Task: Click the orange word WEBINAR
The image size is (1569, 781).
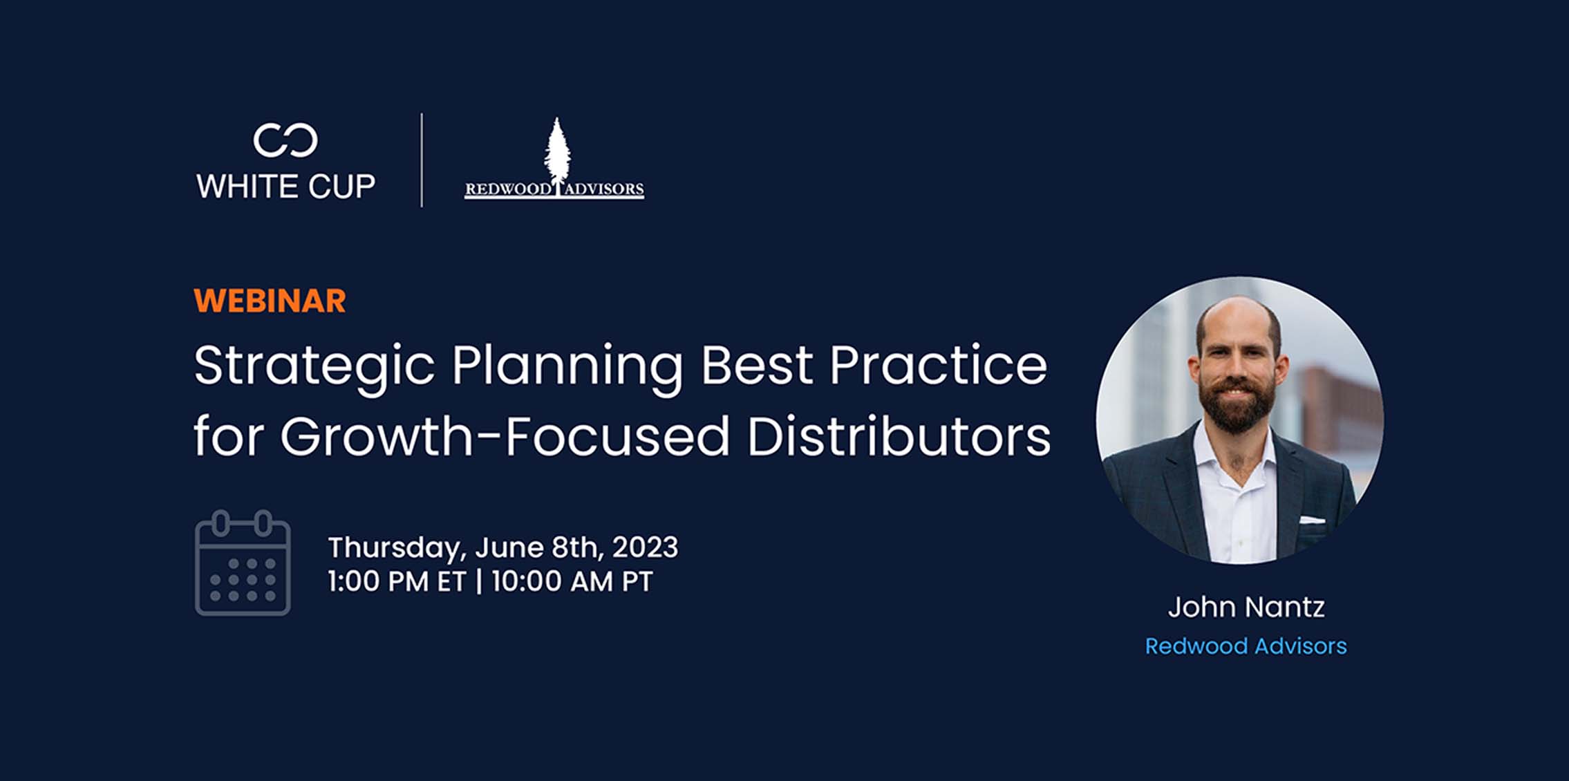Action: click(270, 301)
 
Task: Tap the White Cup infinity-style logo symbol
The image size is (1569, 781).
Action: click(285, 140)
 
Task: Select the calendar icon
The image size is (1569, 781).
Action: click(243, 563)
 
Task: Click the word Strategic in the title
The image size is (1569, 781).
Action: click(314, 367)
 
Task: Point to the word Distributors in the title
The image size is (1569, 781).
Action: click(899, 437)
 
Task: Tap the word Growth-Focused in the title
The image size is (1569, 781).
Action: click(505, 437)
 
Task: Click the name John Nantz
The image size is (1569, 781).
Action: click(1246, 607)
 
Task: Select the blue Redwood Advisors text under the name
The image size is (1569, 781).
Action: click(1246, 646)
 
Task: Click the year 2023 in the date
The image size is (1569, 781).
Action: click(645, 547)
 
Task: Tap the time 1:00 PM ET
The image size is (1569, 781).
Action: click(397, 582)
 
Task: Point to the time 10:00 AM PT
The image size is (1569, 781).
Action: click(572, 582)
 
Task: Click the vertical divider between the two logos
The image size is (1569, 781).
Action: click(422, 160)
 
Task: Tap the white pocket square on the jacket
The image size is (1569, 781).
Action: click(1312, 519)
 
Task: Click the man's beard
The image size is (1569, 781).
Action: click(1237, 404)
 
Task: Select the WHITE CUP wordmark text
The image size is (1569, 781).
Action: click(286, 187)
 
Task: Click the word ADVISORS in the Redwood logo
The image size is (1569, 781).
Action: click(604, 189)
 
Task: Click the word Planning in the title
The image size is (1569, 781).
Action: click(567, 367)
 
